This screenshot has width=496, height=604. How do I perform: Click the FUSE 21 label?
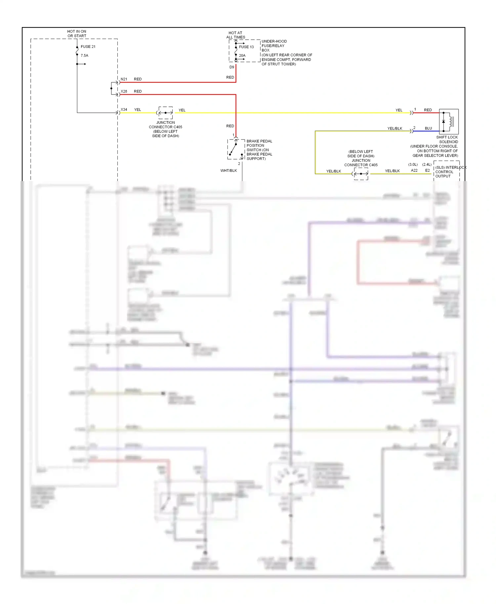point(88,47)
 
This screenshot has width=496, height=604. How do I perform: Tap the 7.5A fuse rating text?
point(84,56)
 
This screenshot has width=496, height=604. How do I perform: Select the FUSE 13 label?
point(246,47)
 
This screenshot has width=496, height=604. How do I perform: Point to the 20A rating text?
point(242,56)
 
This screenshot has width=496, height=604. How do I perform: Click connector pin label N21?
point(124,79)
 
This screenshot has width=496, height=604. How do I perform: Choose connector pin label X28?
point(124,91)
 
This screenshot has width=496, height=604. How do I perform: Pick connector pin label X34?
point(124,109)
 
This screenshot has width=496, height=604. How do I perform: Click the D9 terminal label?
point(232,67)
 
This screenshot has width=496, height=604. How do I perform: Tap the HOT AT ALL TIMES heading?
point(235,35)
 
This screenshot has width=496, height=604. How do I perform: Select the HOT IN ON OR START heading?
point(77,34)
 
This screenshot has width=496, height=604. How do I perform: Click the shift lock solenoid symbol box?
point(449,121)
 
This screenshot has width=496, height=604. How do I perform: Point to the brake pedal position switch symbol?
point(236,149)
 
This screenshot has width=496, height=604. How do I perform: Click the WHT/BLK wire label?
point(228,170)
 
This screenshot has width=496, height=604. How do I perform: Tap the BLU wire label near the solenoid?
point(428,128)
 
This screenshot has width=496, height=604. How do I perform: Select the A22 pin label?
point(414,170)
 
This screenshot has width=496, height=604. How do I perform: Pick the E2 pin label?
point(427,170)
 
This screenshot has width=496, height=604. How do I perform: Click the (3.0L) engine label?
point(413,164)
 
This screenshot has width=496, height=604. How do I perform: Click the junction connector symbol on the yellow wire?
point(165,113)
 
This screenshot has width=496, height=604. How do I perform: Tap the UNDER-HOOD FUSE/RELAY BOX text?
point(274,46)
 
